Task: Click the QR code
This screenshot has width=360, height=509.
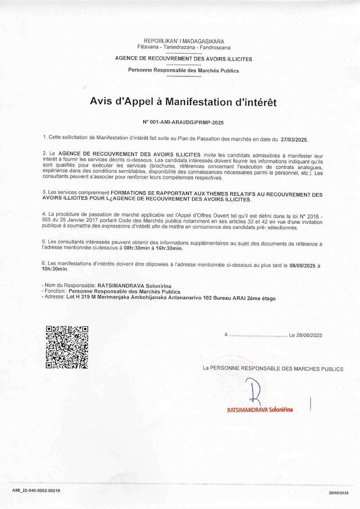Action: pos(67,347)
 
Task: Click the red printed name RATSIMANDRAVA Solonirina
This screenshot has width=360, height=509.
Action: pos(260,410)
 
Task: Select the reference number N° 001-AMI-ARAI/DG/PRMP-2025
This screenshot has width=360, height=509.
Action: pos(183,122)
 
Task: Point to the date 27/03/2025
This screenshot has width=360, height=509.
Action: pos(294,140)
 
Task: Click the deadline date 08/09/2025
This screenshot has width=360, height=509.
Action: pos(302,266)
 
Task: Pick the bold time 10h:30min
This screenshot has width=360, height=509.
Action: pos(55,269)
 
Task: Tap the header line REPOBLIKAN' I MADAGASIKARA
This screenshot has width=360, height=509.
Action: pos(184,41)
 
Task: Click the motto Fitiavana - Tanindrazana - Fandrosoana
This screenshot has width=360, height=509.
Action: pos(184,47)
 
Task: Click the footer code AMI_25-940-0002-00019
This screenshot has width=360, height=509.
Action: pos(36,491)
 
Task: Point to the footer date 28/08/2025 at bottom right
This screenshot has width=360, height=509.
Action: pos(339,493)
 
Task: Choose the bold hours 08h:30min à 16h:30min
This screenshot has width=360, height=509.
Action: pos(153,248)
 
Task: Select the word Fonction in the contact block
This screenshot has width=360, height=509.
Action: pos(54,291)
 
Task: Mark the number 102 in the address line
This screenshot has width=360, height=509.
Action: pos(207,298)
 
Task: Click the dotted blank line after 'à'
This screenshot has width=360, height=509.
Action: pos(258,335)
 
